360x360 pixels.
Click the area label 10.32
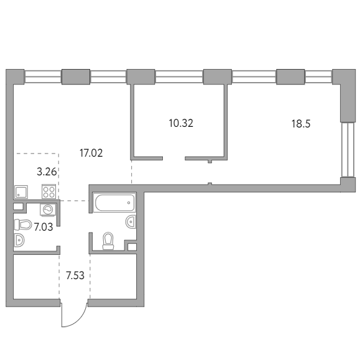[181, 123]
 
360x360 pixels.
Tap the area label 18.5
[301, 124]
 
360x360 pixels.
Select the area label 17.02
[91, 153]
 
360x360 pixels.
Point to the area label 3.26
[47, 172]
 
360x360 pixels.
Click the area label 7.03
[44, 227]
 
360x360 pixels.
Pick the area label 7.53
[75, 275]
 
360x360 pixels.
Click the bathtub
[114, 202]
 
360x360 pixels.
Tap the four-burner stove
[48, 192]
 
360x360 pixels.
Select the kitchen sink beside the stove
[21, 192]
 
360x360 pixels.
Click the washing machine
[48, 210]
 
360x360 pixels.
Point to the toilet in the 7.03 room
[23, 224]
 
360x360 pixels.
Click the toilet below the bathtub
[108, 241]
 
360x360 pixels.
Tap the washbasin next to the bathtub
[131, 222]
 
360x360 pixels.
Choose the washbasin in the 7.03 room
[19, 240]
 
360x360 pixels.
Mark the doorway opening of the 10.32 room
[174, 158]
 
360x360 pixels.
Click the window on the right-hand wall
[348, 149]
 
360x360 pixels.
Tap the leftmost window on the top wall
[43, 76]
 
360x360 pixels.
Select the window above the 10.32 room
[179, 76]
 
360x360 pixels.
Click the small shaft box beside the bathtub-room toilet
[132, 247]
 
